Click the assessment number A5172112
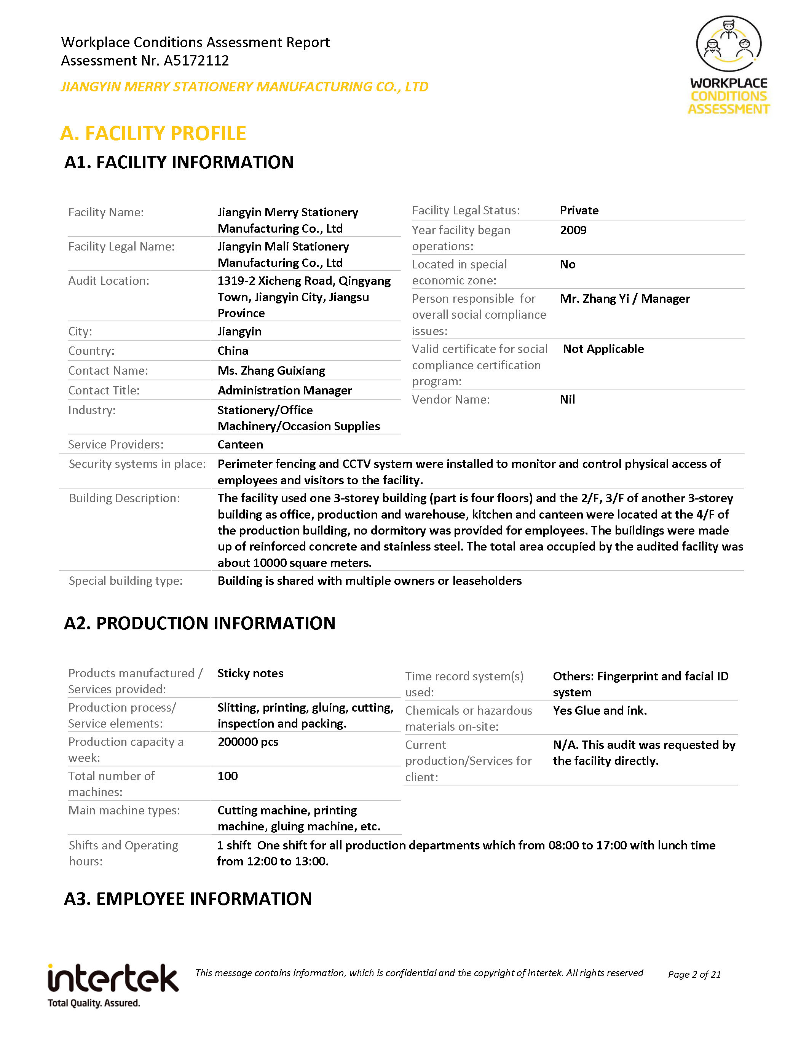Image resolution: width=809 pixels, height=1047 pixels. click(x=196, y=61)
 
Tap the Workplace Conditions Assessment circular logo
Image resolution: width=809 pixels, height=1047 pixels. click(x=729, y=44)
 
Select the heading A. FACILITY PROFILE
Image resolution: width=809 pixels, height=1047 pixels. click(x=153, y=133)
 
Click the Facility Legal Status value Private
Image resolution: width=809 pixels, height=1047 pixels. click(x=579, y=211)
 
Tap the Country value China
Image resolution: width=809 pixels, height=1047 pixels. click(x=233, y=351)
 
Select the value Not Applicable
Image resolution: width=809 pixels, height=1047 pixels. click(x=603, y=349)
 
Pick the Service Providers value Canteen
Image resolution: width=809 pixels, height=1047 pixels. click(x=240, y=444)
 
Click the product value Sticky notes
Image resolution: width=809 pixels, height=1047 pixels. click(x=250, y=673)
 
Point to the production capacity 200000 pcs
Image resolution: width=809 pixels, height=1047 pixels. click(x=248, y=742)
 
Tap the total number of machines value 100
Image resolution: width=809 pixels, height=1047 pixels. click(x=227, y=776)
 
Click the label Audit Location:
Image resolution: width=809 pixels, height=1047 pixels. click(x=109, y=281)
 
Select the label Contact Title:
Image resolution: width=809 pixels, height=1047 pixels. click(x=104, y=391)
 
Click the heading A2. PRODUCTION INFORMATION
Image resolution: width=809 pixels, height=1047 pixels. click(x=199, y=623)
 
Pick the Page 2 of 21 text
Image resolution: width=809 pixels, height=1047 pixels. click(x=694, y=974)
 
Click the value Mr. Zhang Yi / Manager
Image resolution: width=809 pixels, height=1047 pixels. click(x=624, y=298)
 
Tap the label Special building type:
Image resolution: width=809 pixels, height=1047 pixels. click(x=126, y=581)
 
